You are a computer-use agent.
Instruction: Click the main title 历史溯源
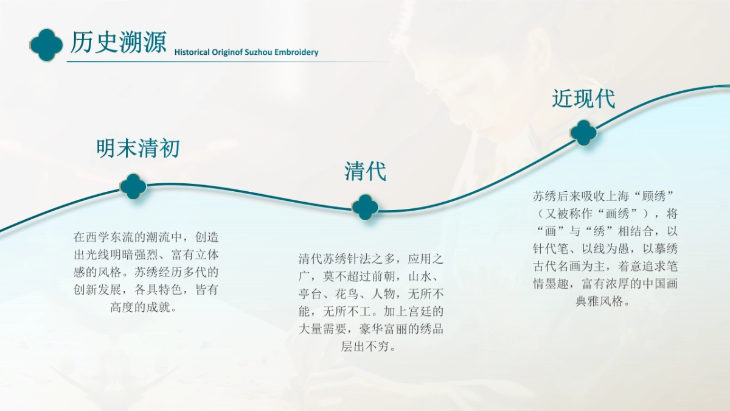click(118, 43)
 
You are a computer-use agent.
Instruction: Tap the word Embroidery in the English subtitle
click(296, 52)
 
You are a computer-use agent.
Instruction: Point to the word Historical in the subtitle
click(192, 52)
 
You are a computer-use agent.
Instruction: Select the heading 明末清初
click(138, 148)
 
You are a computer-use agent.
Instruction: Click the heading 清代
click(365, 171)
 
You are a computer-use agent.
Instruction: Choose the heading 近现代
click(583, 99)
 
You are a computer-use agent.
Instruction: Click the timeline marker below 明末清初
click(133, 186)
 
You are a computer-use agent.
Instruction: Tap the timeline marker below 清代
click(365, 207)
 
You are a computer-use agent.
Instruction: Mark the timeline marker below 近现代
click(583, 133)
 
